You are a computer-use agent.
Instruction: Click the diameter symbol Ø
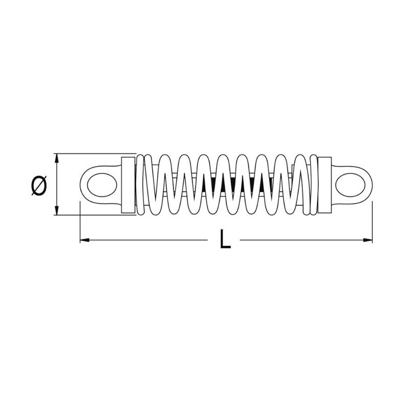(x=39, y=185)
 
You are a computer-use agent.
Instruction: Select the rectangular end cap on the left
(x=129, y=185)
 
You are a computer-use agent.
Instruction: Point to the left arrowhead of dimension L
(x=85, y=239)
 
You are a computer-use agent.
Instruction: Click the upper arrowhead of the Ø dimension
(x=57, y=157)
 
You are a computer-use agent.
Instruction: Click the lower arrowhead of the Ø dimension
(x=57, y=212)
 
